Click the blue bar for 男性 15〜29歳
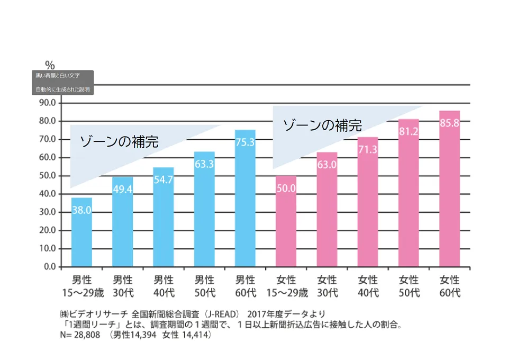click(x=81, y=233)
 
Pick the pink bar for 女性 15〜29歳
click(x=286, y=222)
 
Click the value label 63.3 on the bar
click(x=204, y=164)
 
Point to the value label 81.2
click(x=409, y=131)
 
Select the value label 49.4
click(x=122, y=189)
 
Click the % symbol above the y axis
click(x=50, y=65)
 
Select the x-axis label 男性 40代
click(x=164, y=286)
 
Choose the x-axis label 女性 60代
click(x=450, y=286)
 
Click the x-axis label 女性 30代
click(x=327, y=286)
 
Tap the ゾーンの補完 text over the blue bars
click(x=119, y=141)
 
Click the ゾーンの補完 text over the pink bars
click(x=322, y=125)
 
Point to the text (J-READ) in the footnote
click(x=216, y=313)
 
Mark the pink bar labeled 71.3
click(x=368, y=206)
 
